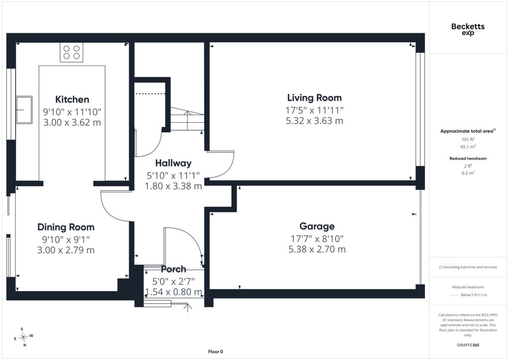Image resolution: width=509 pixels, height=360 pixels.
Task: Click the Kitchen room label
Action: coord(72,99)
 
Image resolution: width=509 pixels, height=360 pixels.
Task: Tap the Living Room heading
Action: coord(314,98)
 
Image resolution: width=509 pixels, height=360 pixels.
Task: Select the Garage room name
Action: coord(317,226)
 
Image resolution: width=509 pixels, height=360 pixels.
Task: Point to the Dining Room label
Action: coord(66,227)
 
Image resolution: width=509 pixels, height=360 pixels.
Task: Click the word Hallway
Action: coord(173,163)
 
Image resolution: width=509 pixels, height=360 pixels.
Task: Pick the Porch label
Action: coord(173,269)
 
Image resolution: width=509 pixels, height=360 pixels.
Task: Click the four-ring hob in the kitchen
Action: coord(72,52)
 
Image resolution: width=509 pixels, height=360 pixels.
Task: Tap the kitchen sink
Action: coord(24,110)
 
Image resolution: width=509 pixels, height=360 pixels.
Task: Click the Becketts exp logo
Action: coord(468,29)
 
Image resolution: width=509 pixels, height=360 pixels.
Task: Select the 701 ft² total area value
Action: coord(468,140)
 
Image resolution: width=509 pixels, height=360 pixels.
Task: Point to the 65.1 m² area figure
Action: coord(468,147)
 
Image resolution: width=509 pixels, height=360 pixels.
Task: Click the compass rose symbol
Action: coord(23,338)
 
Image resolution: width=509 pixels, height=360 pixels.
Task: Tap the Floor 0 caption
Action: coord(216,352)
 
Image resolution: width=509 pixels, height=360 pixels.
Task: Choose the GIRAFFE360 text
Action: coord(468,345)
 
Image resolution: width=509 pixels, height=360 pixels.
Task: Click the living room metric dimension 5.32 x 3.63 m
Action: coord(314,121)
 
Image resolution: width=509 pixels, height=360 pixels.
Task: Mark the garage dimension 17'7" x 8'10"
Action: coord(317,239)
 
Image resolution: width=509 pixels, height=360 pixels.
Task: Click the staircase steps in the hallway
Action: coord(187,119)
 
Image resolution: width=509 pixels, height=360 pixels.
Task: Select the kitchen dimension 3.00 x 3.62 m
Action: coord(72,123)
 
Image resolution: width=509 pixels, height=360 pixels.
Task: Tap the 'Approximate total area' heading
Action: coord(467,131)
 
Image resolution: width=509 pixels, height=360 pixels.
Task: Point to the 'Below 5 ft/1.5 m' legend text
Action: coord(474,295)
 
